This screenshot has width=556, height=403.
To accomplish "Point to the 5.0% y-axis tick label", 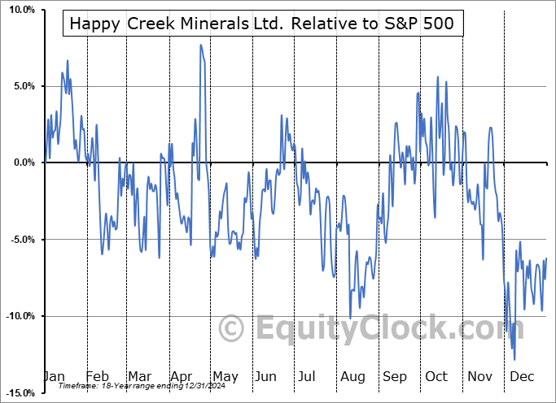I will pyautogui.click(x=21, y=86).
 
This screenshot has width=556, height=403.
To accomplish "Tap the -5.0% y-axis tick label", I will pyautogui.click(x=20, y=240).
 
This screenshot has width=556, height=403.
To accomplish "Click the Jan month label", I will pyautogui.click(x=55, y=376).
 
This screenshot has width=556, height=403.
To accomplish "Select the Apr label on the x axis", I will pyautogui.click(x=182, y=376).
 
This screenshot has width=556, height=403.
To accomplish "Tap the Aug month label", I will pyautogui.click(x=352, y=376).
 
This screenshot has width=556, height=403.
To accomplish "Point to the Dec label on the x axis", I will pyautogui.click(x=521, y=376).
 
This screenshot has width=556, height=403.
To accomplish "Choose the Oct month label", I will pyautogui.click(x=437, y=376).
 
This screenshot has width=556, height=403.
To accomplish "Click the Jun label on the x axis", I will pyautogui.click(x=266, y=376).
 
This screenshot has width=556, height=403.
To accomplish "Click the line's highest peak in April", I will pyautogui.click(x=200, y=45).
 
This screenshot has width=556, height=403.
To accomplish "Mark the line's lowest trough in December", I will pyautogui.click(x=514, y=359).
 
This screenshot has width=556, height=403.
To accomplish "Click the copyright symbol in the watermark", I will pyautogui.click(x=233, y=329).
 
